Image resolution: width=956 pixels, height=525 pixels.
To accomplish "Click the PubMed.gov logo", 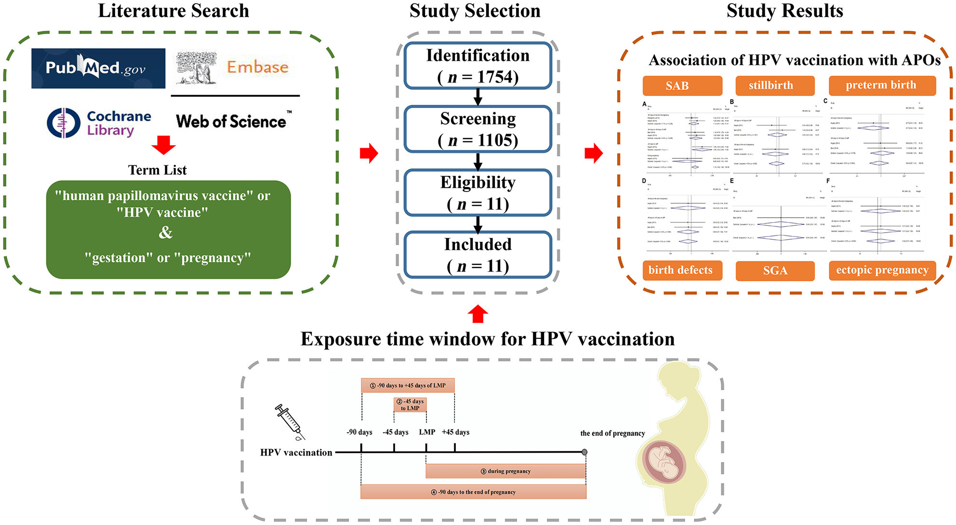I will tap(98, 68).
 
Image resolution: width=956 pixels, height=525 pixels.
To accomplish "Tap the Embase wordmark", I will tap(257, 67).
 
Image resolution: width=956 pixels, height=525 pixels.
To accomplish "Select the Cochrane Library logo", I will tap(99, 123).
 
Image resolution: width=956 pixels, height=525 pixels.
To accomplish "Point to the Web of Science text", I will tap(231, 121).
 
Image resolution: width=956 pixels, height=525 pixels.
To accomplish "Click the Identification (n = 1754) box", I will tap(478, 66).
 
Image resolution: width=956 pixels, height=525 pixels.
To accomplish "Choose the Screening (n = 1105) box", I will tap(478, 129).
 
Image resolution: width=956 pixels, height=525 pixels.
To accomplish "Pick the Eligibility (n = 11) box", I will tap(478, 192).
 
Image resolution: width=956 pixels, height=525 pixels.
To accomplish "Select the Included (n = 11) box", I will tap(478, 255).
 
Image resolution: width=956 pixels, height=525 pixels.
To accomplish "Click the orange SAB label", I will tap(682, 85).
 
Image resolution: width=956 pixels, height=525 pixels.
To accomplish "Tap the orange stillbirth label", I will tap(774, 85).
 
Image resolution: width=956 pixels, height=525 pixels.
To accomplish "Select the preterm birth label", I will tap(882, 85).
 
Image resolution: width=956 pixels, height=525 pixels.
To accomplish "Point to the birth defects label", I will tap(682, 270).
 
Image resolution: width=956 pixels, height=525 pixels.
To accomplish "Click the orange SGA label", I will tap(775, 271).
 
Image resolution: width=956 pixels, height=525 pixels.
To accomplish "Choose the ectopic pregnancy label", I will tap(882, 270).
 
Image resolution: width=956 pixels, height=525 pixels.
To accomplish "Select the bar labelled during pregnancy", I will tap(505, 471).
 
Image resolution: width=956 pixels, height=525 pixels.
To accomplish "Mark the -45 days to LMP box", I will tap(410, 404).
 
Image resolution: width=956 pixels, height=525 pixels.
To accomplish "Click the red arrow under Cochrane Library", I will tap(163, 145).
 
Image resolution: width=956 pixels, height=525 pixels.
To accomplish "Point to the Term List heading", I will tap(157, 170).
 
